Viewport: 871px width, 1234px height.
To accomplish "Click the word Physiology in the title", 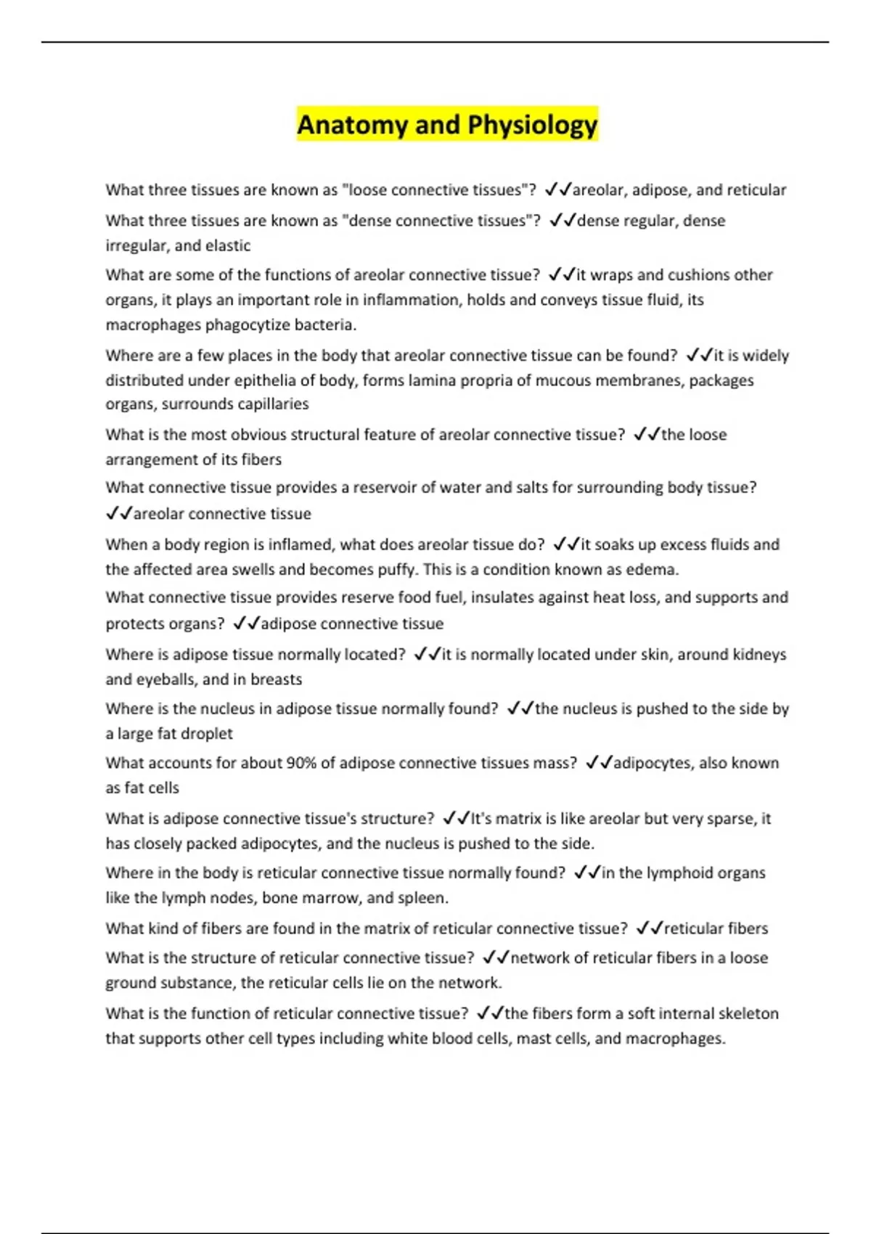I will (532, 125).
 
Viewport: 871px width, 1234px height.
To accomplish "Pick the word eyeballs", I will (165, 679).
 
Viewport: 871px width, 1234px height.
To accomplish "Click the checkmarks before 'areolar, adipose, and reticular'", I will (557, 190).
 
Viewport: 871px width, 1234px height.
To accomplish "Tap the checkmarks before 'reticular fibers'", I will (650, 928).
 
